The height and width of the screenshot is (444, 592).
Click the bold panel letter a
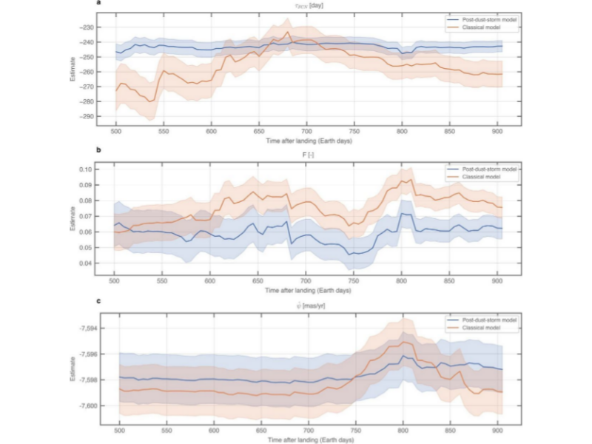click(x=98, y=4)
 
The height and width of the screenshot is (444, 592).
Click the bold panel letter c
click(x=98, y=300)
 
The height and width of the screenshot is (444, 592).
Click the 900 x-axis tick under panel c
click(x=497, y=430)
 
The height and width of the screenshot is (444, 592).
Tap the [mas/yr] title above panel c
click(x=312, y=306)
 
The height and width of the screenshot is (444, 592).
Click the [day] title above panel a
click(x=310, y=5)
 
